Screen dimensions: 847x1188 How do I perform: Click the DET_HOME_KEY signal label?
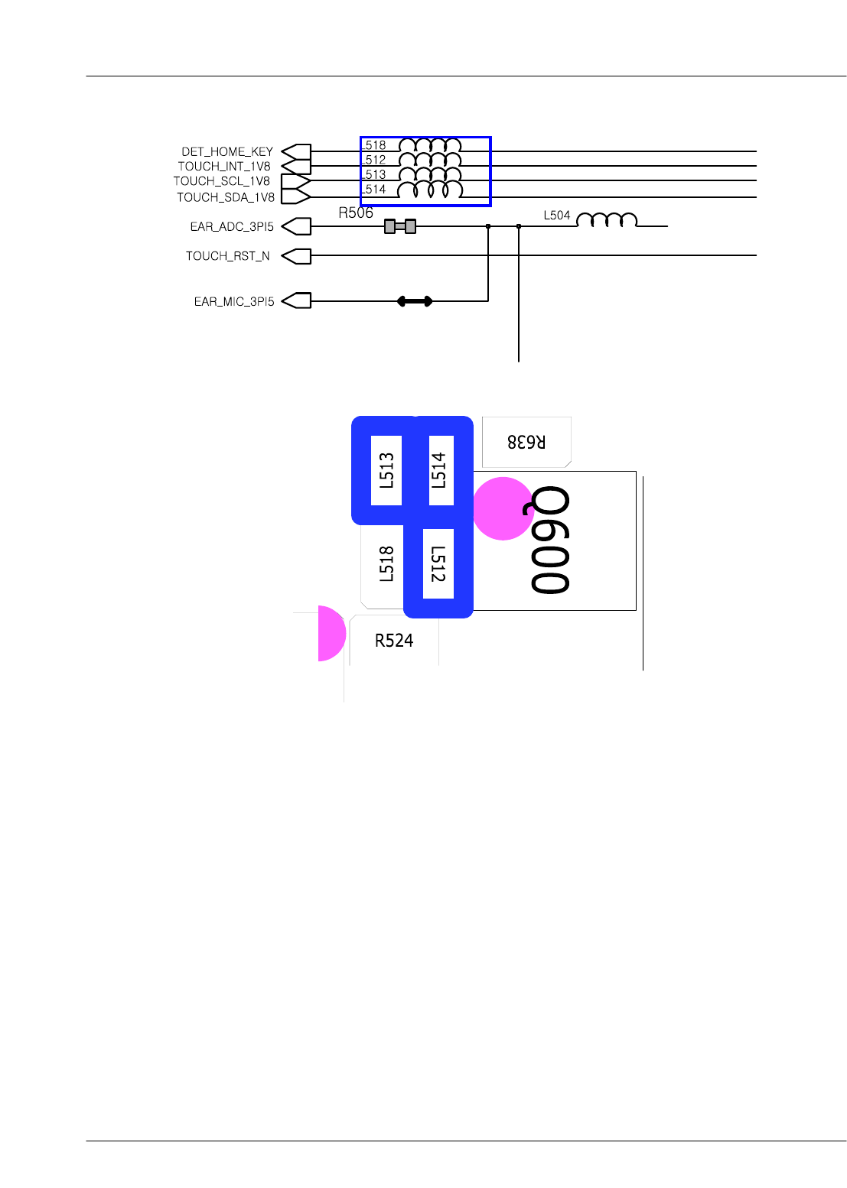(x=226, y=151)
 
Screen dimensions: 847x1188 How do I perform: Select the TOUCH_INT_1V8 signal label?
(x=224, y=166)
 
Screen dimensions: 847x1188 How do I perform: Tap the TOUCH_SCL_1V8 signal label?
(x=222, y=181)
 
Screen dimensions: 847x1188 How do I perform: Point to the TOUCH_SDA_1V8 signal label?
(x=226, y=197)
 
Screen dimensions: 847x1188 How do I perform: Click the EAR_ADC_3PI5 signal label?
(x=232, y=226)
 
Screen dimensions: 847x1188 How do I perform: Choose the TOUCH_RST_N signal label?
(x=227, y=256)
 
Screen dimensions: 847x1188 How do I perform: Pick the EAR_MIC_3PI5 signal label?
(x=234, y=301)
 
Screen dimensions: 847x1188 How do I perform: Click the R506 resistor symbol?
(x=400, y=226)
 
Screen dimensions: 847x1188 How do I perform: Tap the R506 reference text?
(x=356, y=213)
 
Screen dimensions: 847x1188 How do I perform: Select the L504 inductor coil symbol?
(x=606, y=221)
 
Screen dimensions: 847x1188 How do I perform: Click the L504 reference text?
(x=557, y=216)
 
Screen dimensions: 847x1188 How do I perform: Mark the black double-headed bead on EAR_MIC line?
(x=415, y=301)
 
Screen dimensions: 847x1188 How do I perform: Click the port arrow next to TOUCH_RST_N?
(x=296, y=256)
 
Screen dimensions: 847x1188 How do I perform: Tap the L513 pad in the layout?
(x=386, y=470)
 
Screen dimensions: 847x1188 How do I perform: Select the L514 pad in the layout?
(x=441, y=470)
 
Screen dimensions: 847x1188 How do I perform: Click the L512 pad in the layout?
(x=438, y=563)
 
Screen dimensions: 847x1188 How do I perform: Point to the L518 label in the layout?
(x=386, y=564)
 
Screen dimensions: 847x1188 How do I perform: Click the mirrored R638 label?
(x=526, y=441)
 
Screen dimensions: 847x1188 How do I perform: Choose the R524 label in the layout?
(x=394, y=641)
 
